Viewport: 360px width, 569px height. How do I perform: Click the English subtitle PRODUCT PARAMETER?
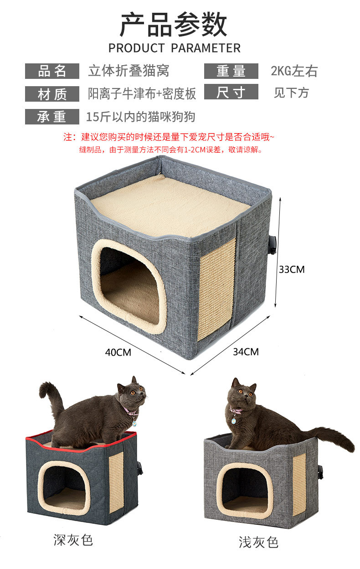(174, 48)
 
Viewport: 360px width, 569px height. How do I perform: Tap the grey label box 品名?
(52, 71)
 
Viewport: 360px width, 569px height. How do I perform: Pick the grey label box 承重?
(52, 117)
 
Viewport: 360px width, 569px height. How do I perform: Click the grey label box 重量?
(231, 71)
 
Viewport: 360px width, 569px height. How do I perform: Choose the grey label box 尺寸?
(231, 93)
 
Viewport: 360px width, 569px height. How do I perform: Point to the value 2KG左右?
(294, 71)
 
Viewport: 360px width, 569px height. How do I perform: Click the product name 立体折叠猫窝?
(129, 71)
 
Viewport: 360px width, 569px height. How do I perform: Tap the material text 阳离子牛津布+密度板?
(142, 94)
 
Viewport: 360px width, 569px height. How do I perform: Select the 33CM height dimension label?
(292, 269)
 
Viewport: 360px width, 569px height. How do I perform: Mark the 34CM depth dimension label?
(246, 352)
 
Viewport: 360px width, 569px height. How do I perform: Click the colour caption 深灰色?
(73, 540)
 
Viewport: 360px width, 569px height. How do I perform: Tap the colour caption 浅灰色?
(258, 542)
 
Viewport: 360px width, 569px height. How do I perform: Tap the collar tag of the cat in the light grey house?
(234, 420)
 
